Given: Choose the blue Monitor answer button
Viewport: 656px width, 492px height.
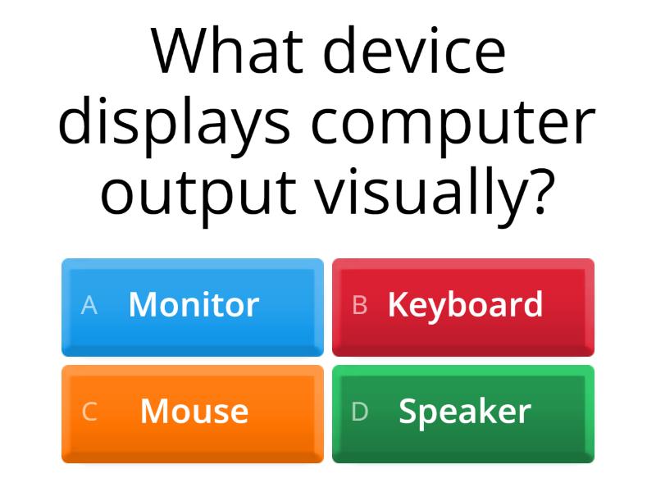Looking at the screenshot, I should coord(193,307).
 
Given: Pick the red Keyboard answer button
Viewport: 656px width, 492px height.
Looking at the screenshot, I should coord(463,307).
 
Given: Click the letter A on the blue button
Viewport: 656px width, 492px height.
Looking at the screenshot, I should coord(89,306).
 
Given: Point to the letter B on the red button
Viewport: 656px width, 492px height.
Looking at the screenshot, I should coord(359,306).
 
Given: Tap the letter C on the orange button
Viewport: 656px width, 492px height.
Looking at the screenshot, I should coord(89,412).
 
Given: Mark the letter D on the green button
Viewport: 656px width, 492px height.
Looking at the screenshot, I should coord(359,412).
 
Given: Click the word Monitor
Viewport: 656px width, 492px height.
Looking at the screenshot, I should coord(194,305).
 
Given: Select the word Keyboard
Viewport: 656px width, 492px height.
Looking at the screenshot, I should coord(465,305).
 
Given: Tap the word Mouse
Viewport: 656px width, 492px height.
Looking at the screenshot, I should coord(194,412).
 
